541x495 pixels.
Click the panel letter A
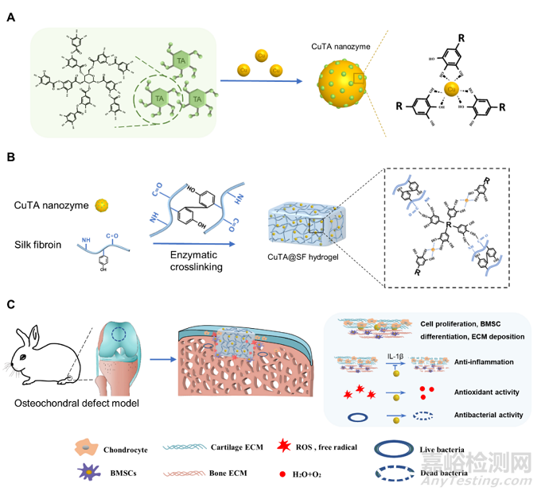(x=10, y=17)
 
